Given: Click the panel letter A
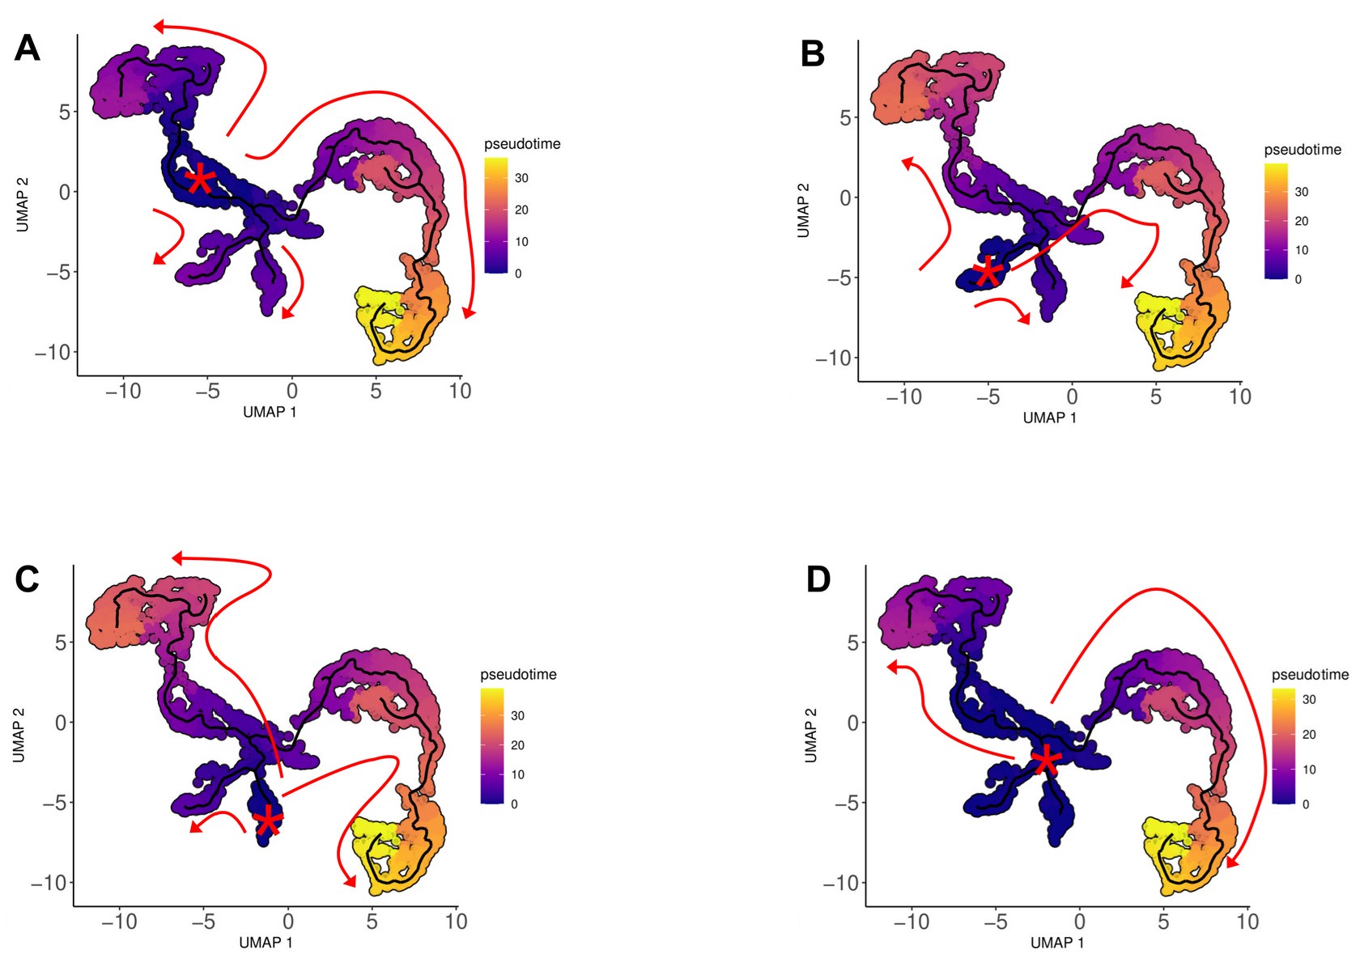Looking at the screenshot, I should pyautogui.click(x=28, y=49).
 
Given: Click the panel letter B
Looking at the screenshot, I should pyautogui.click(x=812, y=53).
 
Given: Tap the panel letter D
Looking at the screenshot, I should pyautogui.click(x=818, y=579).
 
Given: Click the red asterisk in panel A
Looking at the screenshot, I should pyautogui.click(x=199, y=180).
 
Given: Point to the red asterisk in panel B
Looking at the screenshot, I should pyautogui.click(x=988, y=272).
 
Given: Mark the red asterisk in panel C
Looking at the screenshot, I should pyautogui.click(x=269, y=821).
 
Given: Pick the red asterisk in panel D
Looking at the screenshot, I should pyautogui.click(x=1046, y=760).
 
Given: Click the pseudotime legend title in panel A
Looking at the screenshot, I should pyautogui.click(x=522, y=144).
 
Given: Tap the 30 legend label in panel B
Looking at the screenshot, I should pyautogui.click(x=1302, y=192).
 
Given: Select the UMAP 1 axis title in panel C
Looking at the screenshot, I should pyautogui.click(x=266, y=943).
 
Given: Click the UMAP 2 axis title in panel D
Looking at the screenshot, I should pyautogui.click(x=811, y=735).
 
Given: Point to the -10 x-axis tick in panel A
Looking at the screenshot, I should pyautogui.click(x=123, y=392).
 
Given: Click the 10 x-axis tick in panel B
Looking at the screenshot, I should pyautogui.click(x=1239, y=397).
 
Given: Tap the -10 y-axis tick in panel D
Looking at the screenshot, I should pyautogui.click(x=840, y=883).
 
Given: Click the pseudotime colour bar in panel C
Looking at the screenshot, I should pyautogui.click(x=492, y=745).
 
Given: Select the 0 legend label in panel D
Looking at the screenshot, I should pyautogui.click(x=1305, y=804).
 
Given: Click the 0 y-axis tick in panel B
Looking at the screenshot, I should pyautogui.click(x=846, y=197).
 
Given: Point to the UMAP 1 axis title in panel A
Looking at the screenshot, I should pyautogui.click(x=270, y=412).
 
